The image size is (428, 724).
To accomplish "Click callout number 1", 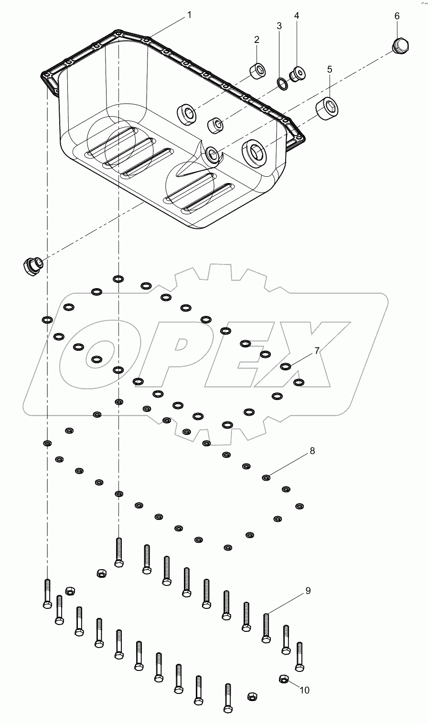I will coord(189,15).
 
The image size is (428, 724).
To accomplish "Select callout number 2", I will coord(257,39).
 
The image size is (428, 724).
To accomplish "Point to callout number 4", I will coord(297,16).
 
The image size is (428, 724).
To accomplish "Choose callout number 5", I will coord(330,69).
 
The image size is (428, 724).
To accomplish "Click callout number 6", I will coord(397,16).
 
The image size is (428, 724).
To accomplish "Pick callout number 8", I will coord(312,451).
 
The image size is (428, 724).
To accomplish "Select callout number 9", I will coord(308,591).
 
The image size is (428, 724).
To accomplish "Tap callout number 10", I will coord(304,690).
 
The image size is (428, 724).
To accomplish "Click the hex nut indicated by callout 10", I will coord(283,679).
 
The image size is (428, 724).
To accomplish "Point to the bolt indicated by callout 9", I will coord(267,627).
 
